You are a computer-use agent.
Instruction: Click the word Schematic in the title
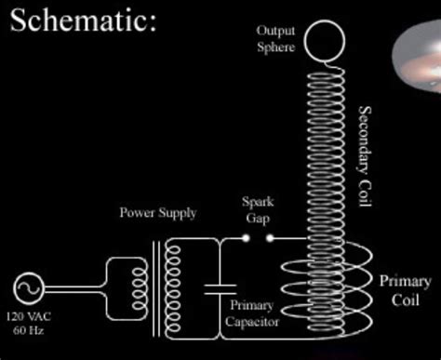tap(83, 20)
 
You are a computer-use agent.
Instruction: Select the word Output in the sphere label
tap(275, 31)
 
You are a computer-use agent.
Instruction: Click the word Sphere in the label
tap(275, 47)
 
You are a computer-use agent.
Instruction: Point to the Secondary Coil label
tap(365, 156)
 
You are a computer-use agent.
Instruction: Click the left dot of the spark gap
tap(246, 238)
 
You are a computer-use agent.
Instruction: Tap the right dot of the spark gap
tap(270, 238)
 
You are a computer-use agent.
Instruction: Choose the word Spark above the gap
tap(258, 202)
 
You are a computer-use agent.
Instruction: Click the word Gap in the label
tap(258, 218)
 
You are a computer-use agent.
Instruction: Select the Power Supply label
tap(158, 213)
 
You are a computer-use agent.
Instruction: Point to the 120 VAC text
tap(29, 316)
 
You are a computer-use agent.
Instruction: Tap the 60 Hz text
tap(28, 330)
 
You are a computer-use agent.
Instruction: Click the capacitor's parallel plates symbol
tap(220, 289)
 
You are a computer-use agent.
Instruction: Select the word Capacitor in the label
tap(252, 322)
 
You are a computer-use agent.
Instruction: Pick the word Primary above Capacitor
tap(251, 305)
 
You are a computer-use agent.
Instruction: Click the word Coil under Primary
tap(405, 300)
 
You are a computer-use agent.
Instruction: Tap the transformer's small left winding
tap(140, 289)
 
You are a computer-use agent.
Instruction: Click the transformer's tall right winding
tap(172, 289)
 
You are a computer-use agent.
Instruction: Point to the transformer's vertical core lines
tap(156, 289)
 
